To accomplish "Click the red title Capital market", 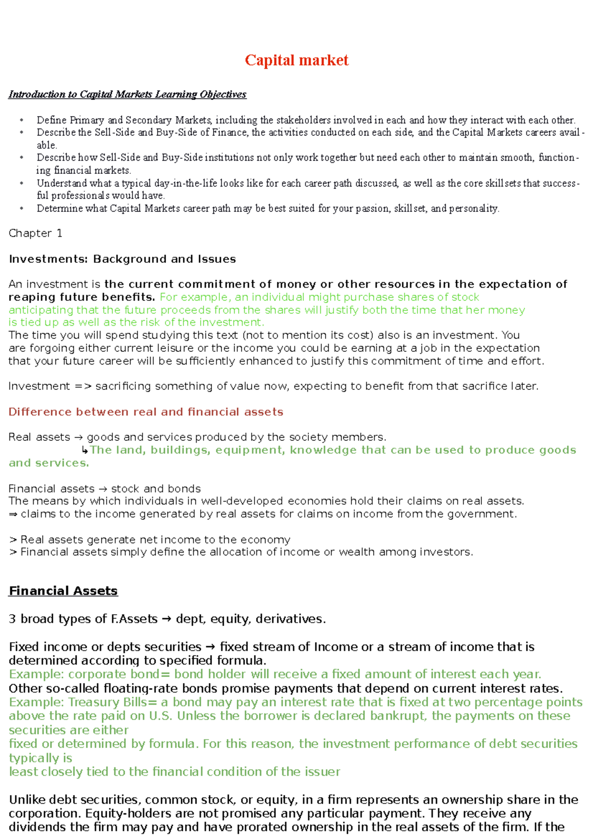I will pos(296,60).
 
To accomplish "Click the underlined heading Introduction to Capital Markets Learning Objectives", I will pos(127,94).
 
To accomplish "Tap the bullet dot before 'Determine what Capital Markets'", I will pos(22,209).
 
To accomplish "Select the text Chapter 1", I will pos(36,233).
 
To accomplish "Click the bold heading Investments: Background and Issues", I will pos(122,259).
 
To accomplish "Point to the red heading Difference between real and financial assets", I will pos(146,412).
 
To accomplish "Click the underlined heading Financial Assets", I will pos(63,591).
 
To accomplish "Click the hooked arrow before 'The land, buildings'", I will pos(85,450).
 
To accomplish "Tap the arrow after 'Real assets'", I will pos(79,437).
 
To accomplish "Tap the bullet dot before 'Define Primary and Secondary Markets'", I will pos(22,120).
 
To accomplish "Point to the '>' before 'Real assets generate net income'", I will pos(13,540).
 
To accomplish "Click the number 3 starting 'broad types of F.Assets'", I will pos(12,619).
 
